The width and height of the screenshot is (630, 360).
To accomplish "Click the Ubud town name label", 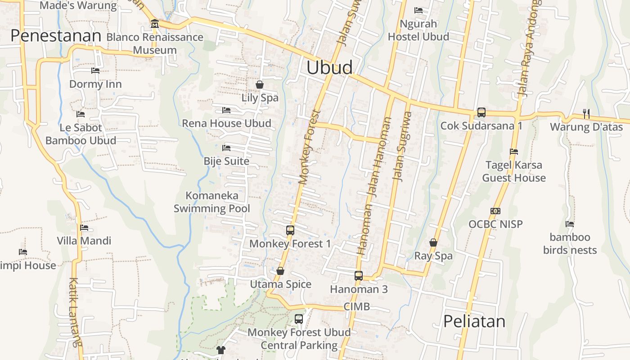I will tap(329, 67).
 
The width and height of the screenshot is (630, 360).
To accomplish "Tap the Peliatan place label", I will tap(474, 321).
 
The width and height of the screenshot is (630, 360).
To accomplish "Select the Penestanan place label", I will tap(56, 36).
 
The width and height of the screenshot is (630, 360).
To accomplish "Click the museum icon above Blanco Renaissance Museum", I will tap(155, 23).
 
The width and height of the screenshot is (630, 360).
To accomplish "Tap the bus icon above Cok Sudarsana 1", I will tap(481, 112).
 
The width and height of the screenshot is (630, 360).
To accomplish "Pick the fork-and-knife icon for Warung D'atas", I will tap(586, 114).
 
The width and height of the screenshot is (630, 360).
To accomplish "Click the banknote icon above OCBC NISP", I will tap(495, 211).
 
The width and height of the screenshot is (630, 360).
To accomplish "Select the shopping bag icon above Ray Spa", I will tap(433, 243).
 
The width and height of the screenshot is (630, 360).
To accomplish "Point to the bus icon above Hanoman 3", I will tap(359, 276).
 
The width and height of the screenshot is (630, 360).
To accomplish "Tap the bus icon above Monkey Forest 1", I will tap(290, 230).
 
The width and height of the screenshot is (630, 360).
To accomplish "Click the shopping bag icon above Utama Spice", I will tap(280, 271).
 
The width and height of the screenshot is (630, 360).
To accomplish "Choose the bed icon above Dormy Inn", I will tap(95, 71).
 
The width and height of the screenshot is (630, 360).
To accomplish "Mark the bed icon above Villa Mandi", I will tap(84, 228).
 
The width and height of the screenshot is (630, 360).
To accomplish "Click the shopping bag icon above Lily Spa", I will tap(260, 85).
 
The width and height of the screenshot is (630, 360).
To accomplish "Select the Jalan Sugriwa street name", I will tap(402, 146).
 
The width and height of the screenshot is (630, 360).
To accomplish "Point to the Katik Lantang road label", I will tap(75, 312).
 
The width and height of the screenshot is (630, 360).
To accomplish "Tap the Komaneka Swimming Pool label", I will tap(212, 202).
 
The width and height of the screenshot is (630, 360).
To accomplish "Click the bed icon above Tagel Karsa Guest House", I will tap(514, 152).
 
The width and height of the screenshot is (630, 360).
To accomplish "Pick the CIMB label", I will tap(356, 307).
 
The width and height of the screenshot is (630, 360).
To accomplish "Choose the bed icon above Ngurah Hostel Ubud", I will tap(418, 10).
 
